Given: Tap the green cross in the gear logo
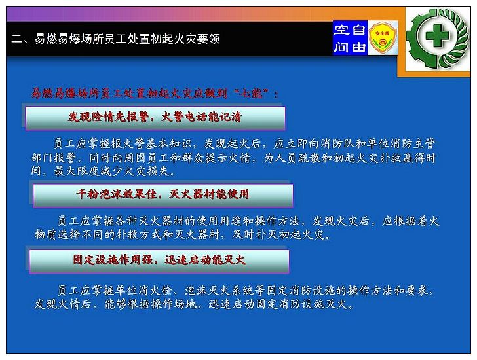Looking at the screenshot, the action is coord(437,36).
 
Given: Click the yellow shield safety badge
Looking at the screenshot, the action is coord(383,38).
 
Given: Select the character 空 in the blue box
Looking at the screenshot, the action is coord(341,30).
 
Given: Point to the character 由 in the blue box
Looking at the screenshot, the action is coord(358,47).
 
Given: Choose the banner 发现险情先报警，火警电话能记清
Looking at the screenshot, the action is coord(155,118).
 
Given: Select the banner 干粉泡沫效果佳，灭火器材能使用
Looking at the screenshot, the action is coord(163,195).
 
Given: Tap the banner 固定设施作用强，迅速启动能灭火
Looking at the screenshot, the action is coord(159,261).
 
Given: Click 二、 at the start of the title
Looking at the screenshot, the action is coord(20,39).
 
